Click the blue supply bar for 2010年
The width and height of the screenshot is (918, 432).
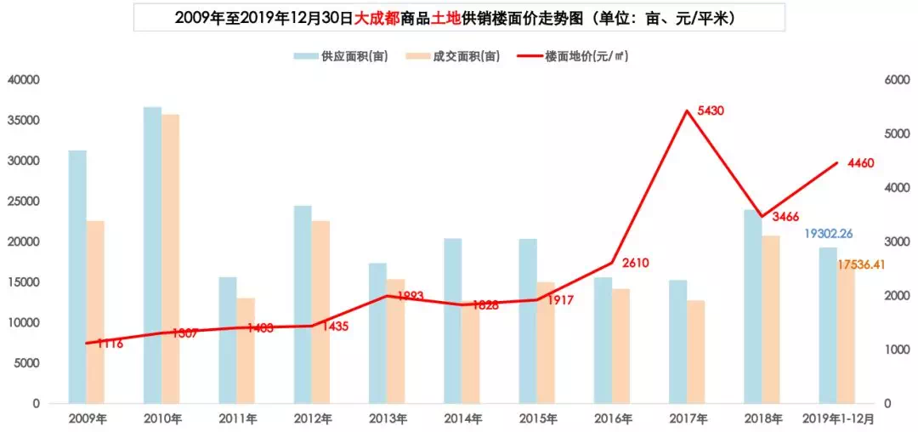coord(152,255)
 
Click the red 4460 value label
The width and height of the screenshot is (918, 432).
coord(861,163)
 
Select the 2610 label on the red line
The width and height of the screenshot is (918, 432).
coord(635,263)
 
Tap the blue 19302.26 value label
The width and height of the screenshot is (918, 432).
coord(829,233)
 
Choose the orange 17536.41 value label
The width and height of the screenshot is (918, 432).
coord(861,265)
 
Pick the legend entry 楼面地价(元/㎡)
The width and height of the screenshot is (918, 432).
coord(586,56)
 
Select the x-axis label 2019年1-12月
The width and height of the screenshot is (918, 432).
coord(838,418)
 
